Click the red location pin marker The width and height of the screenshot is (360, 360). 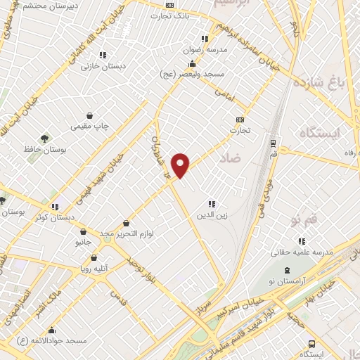(x=181, y=164)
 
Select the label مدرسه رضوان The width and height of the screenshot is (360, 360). (x=204, y=51)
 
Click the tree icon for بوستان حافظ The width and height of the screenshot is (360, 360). (x=45, y=138)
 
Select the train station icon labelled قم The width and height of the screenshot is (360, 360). (x=273, y=141)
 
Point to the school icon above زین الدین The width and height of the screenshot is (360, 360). (x=211, y=204)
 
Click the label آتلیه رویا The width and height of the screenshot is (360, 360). (x=94, y=269)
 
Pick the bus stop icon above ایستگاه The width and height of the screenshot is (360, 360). (x=311, y=344)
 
